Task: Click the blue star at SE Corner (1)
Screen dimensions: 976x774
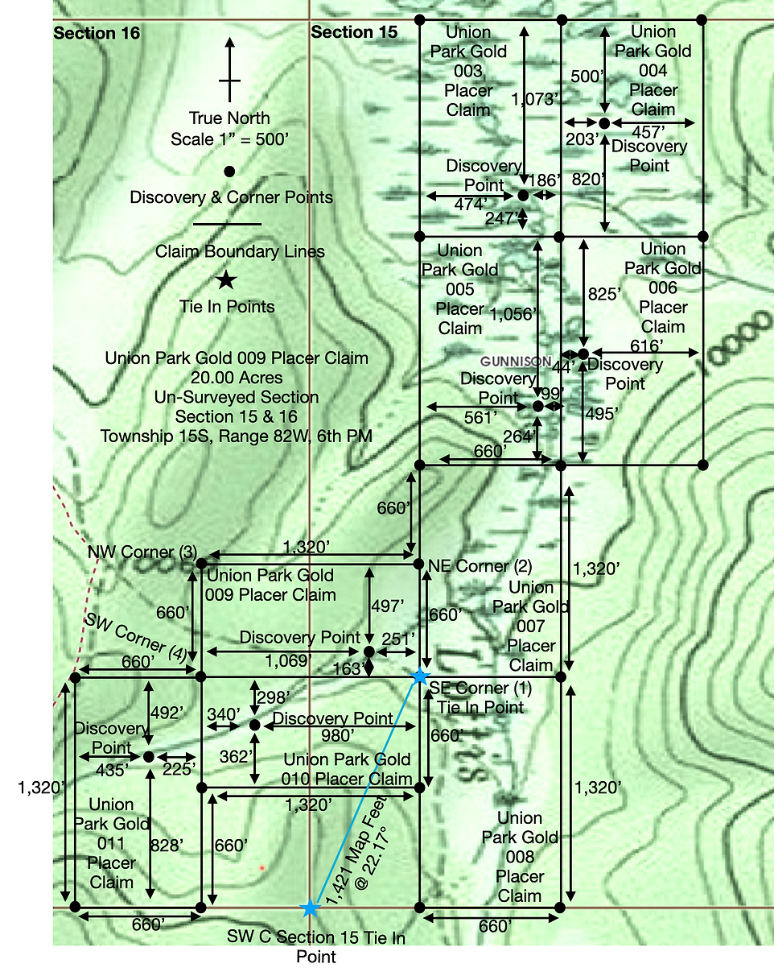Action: pyautogui.click(x=419, y=676)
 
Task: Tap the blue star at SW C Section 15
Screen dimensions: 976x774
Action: pyautogui.click(x=310, y=908)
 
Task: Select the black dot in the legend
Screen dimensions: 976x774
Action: pyautogui.click(x=229, y=171)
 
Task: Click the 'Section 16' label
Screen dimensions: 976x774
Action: pyautogui.click(x=97, y=34)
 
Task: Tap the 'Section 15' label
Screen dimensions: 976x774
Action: pyautogui.click(x=354, y=33)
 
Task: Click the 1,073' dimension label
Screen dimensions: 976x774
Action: pyautogui.click(x=535, y=99)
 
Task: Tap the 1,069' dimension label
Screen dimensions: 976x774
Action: pyautogui.click(x=287, y=661)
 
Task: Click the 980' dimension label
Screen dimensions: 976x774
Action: pyautogui.click(x=338, y=735)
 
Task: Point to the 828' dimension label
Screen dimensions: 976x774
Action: pyautogui.click(x=167, y=845)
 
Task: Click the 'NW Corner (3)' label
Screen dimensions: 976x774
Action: pyautogui.click(x=142, y=552)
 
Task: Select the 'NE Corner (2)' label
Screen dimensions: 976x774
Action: pyautogui.click(x=480, y=566)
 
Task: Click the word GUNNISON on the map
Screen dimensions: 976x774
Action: pyautogui.click(x=516, y=362)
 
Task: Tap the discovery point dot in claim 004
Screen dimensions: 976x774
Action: pyautogui.click(x=603, y=122)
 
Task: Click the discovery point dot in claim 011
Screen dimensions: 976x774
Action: pyautogui.click(x=149, y=756)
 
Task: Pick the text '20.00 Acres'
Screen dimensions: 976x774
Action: pyautogui.click(x=237, y=378)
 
